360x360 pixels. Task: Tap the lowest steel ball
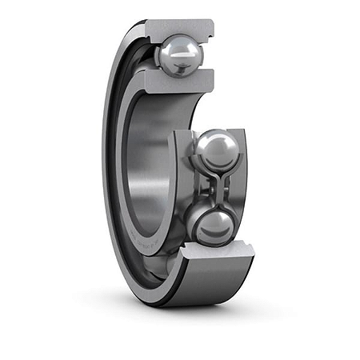click(213, 225)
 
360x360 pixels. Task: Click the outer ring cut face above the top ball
click(179, 29)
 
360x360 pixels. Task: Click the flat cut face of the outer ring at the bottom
click(216, 255)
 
